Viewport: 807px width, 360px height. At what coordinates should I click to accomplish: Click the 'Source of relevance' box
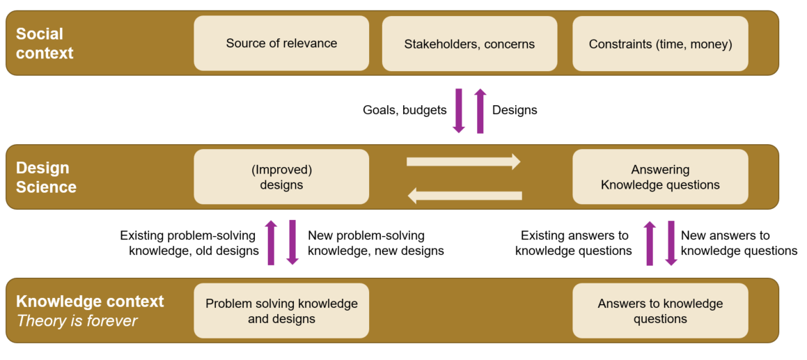[281, 43]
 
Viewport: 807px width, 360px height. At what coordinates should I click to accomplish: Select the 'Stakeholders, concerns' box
[469, 44]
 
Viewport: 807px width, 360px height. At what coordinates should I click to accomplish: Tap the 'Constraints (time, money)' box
[660, 44]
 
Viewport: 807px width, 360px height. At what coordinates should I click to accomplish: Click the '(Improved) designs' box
[281, 177]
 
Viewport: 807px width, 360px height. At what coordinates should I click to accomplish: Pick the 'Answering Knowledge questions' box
[660, 177]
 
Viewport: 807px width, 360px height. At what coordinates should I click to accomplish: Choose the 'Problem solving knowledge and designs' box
[281, 311]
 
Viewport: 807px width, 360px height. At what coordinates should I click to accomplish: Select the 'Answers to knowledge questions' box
[660, 311]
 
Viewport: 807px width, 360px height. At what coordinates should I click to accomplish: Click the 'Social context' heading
[45, 43]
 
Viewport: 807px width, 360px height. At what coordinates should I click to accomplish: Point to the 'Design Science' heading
[46, 178]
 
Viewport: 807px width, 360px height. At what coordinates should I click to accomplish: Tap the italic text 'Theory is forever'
[77, 321]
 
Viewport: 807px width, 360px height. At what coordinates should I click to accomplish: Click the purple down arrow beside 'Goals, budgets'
[459, 110]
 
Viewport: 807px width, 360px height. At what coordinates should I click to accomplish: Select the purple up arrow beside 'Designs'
[480, 110]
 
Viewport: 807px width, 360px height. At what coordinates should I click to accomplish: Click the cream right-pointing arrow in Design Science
[463, 162]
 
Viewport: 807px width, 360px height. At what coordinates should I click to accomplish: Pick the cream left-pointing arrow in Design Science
[464, 196]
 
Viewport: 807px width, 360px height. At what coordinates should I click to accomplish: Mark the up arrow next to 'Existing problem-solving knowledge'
[272, 242]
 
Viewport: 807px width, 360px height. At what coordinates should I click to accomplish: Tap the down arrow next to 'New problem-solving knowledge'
[292, 242]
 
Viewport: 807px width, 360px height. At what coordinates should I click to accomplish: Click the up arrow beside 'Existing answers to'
[650, 243]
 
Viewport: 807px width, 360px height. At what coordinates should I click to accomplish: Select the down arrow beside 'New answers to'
[671, 243]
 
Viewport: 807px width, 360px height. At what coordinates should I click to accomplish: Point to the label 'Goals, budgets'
[405, 110]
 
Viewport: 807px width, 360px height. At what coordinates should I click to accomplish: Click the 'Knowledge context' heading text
[90, 302]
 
